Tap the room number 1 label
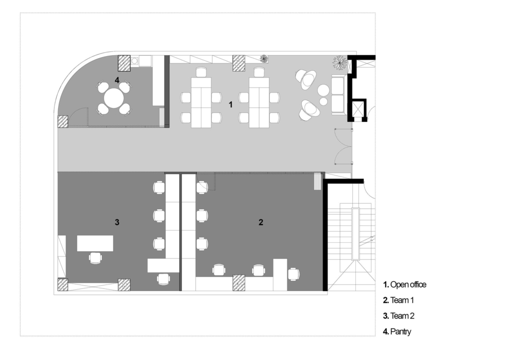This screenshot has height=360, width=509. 231,104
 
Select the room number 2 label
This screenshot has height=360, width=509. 261,222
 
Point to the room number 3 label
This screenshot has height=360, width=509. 117,222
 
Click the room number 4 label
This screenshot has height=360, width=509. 117,80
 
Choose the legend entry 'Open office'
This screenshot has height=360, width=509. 405,285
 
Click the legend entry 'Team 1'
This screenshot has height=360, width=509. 399,300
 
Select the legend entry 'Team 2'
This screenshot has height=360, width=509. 399,316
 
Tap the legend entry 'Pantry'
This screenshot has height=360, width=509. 397,332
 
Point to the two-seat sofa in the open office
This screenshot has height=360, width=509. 338,95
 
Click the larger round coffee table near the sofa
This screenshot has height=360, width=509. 324,90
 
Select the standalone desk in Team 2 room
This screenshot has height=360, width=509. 95,243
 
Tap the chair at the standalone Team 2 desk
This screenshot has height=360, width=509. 95,258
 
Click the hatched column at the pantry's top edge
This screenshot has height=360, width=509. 124,63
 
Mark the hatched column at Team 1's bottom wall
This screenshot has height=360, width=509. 239,283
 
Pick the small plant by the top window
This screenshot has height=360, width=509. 264,59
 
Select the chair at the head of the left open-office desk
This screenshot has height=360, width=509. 201,72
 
